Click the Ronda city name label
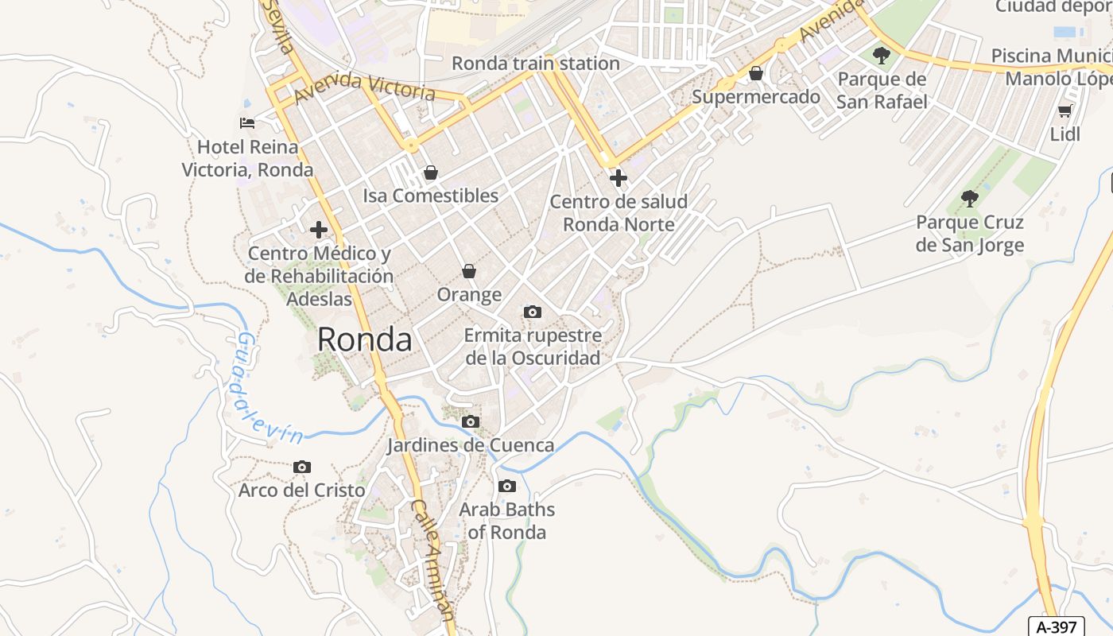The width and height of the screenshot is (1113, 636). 364,340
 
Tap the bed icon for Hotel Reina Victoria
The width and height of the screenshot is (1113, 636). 247,122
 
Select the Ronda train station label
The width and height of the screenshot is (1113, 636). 535,64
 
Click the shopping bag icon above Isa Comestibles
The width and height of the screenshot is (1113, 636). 430,172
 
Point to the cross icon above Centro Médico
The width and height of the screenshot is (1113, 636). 319,230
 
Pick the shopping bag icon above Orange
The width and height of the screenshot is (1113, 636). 469,271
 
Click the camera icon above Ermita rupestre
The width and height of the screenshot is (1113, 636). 532,312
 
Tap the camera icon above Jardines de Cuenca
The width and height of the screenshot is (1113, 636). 471,421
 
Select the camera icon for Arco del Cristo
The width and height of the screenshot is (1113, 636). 301,467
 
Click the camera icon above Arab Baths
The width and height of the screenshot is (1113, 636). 506,486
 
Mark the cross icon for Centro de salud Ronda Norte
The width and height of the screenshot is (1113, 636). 618,177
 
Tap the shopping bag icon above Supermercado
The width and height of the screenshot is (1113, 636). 755,73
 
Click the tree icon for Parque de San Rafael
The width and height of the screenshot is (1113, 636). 881,55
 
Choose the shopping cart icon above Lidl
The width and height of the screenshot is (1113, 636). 1065,111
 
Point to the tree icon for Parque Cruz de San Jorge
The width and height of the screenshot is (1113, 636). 969,198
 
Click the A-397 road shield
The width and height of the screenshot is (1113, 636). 1056,626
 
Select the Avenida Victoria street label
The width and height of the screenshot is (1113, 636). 364,87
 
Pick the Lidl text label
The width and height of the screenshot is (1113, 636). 1065,134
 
